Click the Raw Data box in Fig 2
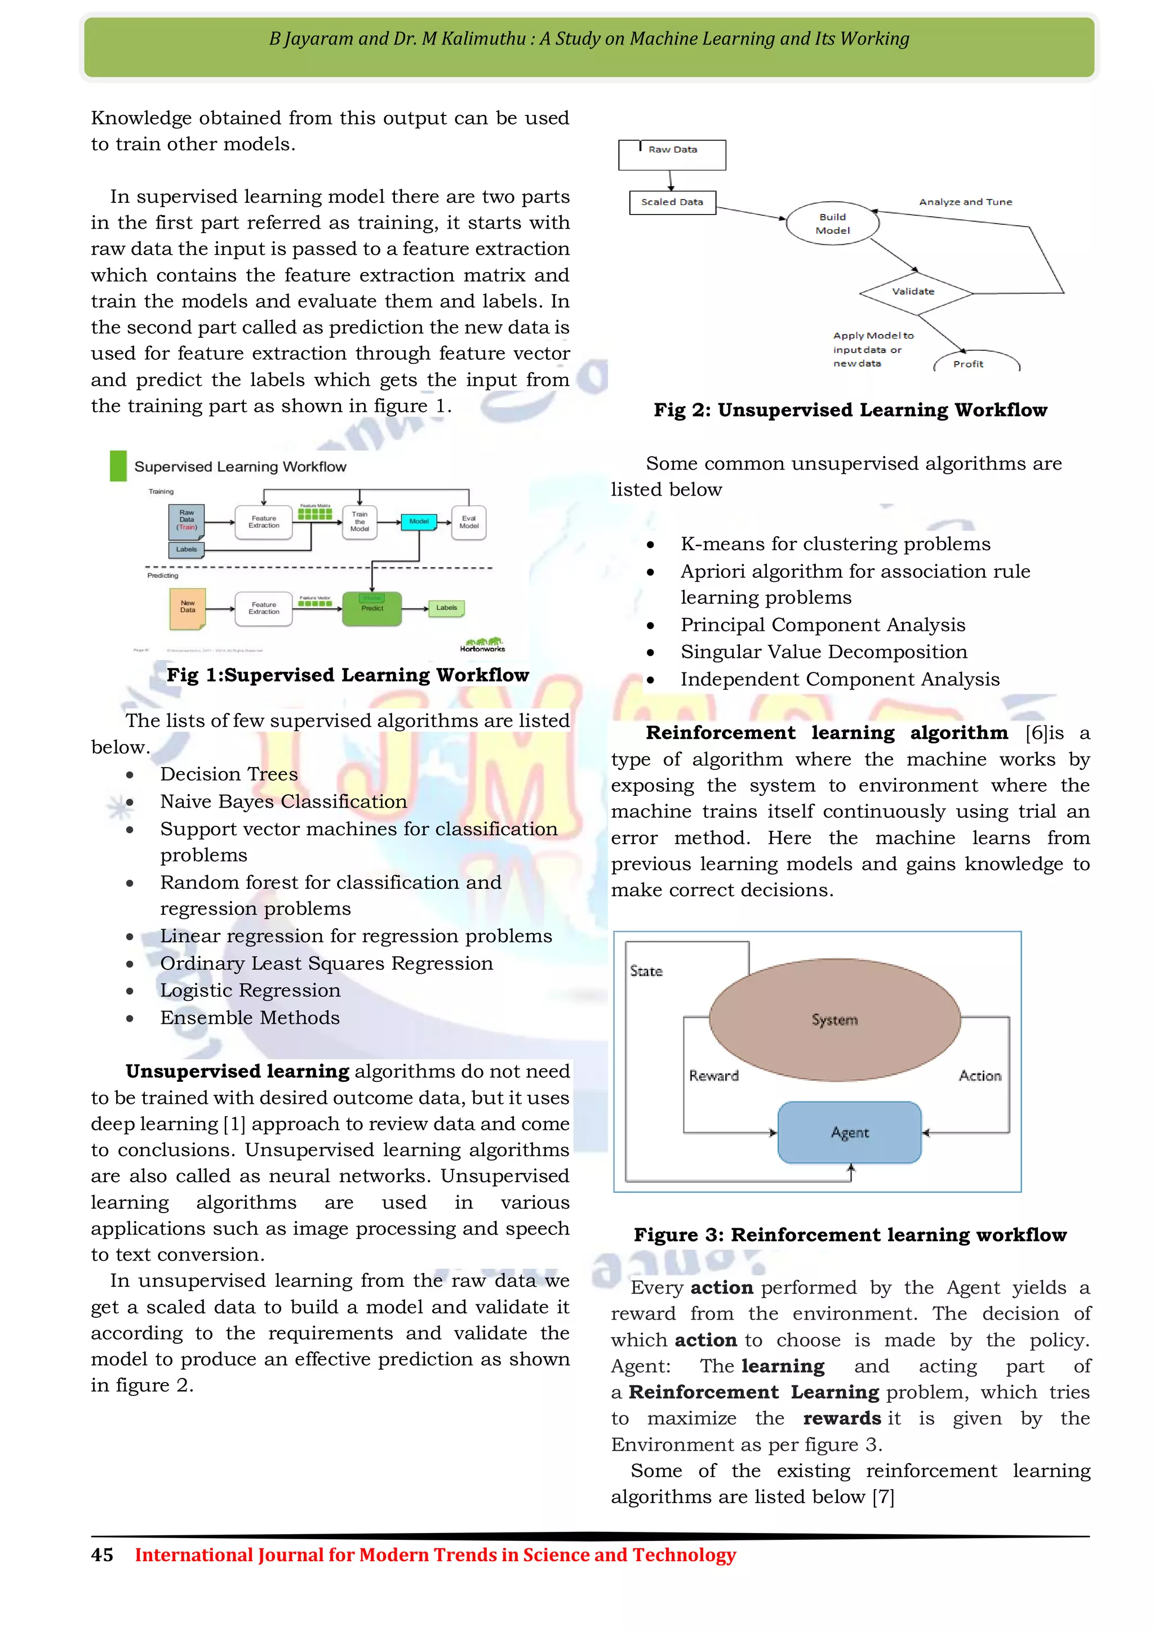pyautogui.click(x=672, y=155)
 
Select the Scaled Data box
pyautogui.click(x=672, y=202)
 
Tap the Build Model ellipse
pyautogui.click(x=832, y=224)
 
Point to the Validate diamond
pyautogui.click(x=915, y=292)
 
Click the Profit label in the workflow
pyautogui.click(x=969, y=364)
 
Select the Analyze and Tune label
pyautogui.click(x=965, y=202)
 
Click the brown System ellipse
pyautogui.click(x=835, y=1020)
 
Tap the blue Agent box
pyautogui.click(x=849, y=1133)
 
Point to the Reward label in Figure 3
pyautogui.click(x=713, y=1076)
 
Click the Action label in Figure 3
pyautogui.click(x=980, y=1076)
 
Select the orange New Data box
pyautogui.click(x=188, y=608)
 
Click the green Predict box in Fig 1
pyautogui.click(x=372, y=609)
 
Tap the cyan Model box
pyautogui.click(x=419, y=522)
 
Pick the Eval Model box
pyautogui.click(x=468, y=523)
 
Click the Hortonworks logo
pyautogui.click(x=482, y=644)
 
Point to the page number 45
pyautogui.click(x=101, y=1555)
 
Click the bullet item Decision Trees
pyautogui.click(x=229, y=774)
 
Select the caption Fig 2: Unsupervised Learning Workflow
pyautogui.click(x=850, y=410)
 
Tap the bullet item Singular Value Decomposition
pyautogui.click(x=824, y=652)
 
